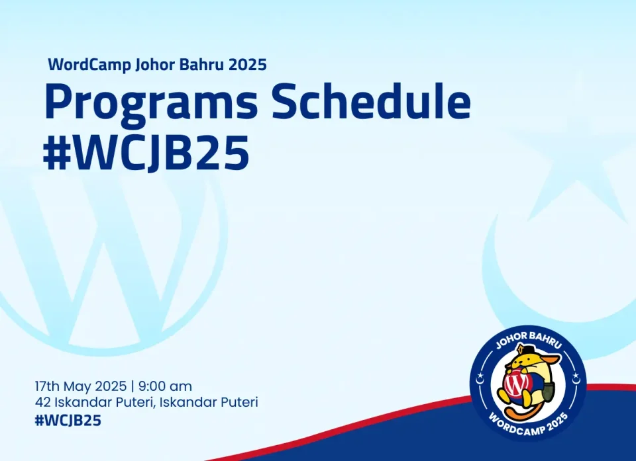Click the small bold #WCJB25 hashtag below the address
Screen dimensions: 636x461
click(x=68, y=421)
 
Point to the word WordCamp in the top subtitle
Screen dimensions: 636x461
click(x=89, y=65)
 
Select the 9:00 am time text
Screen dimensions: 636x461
click(x=165, y=386)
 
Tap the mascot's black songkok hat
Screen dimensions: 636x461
click(x=523, y=349)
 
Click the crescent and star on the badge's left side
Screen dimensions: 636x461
click(x=480, y=379)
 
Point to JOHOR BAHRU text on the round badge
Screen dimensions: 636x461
click(x=529, y=339)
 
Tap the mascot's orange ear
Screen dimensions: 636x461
click(x=553, y=358)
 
